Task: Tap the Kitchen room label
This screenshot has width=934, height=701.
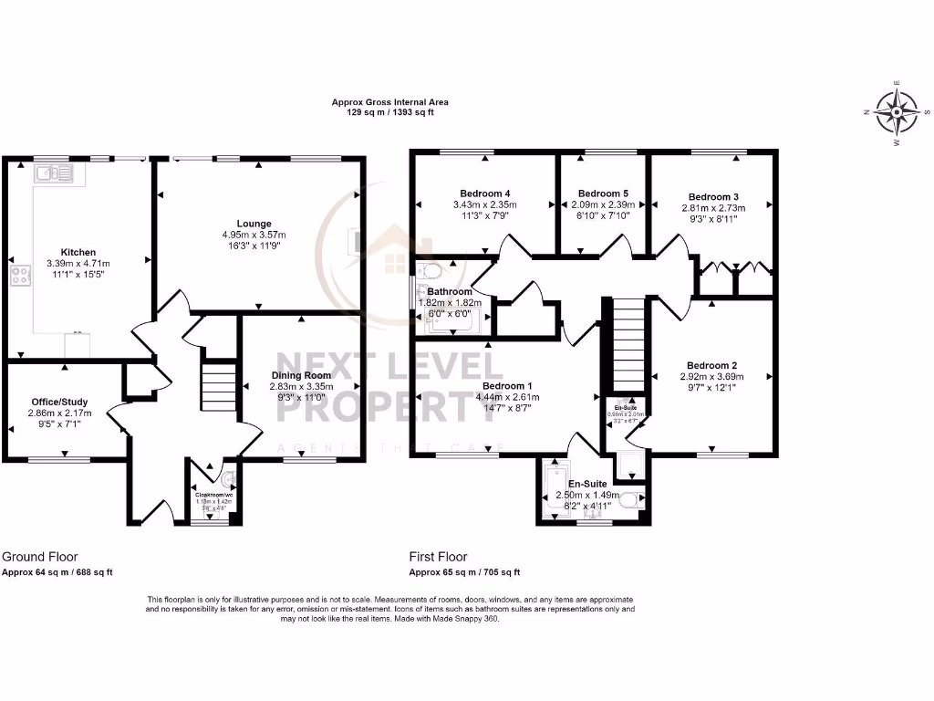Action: [78, 252]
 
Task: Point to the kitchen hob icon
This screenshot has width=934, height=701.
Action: [18, 277]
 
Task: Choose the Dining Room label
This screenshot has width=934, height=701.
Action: [301, 375]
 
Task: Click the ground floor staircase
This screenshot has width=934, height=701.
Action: [217, 387]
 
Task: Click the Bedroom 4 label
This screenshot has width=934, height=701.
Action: [485, 194]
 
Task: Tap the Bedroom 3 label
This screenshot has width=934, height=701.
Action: [713, 197]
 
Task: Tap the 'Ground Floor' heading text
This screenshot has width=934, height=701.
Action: [40, 556]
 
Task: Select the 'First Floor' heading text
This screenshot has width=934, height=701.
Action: [439, 556]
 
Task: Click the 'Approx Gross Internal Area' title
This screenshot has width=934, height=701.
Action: [389, 103]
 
